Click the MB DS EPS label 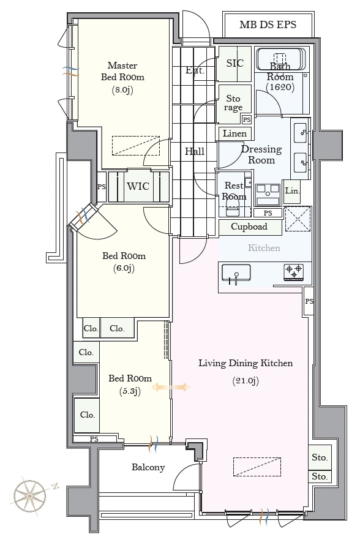coord(268,24)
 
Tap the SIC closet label coord(235,63)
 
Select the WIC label coord(138,186)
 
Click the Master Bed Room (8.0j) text coord(122,78)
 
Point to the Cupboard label coord(249,227)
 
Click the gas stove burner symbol coord(294,272)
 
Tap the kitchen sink coord(236,272)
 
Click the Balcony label coord(148,467)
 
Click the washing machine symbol coord(268,195)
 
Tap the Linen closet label coord(234,133)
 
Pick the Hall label coord(195,151)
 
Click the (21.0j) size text coord(246,381)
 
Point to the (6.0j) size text coord(124,268)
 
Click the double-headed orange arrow coord(171,387)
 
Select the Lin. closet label coord(292,191)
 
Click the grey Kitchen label coord(264,248)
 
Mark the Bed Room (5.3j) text coord(130,385)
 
